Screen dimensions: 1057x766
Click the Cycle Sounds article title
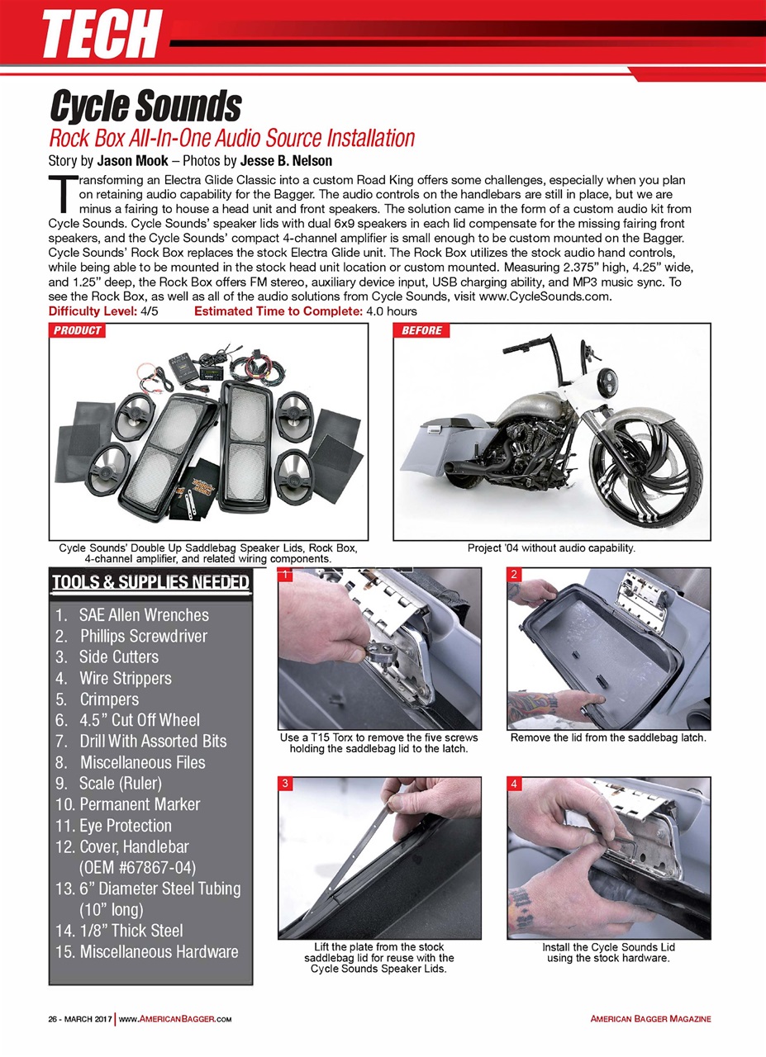(145, 107)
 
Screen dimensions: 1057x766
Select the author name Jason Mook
(132, 160)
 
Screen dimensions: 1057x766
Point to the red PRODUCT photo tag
(78, 330)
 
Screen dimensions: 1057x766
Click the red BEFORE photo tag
(421, 330)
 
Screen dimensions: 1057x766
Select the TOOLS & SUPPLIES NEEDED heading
(150, 583)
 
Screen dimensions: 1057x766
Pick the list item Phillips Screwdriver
(143, 636)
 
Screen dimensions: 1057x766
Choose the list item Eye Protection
(125, 825)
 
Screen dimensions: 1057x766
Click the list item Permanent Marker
(139, 804)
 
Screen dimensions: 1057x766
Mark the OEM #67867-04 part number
(137, 868)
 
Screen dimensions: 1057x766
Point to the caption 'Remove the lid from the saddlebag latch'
(608, 737)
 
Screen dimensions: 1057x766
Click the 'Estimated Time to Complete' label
(278, 311)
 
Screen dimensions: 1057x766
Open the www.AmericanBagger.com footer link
(174, 1019)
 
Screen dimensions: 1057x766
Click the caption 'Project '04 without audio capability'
(551, 547)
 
